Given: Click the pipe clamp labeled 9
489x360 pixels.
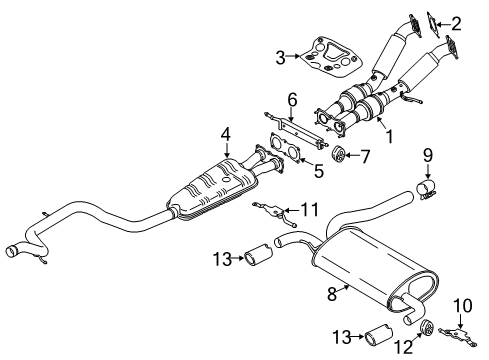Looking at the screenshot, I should (428, 191).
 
